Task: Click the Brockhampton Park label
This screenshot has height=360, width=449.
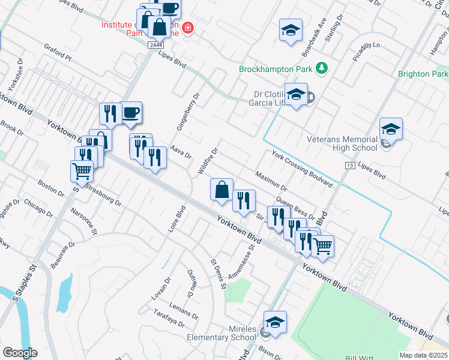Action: pyautogui.click(x=277, y=69)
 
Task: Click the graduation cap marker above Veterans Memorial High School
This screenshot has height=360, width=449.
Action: pyautogui.click(x=391, y=129)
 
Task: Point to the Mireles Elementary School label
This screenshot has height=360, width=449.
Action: pyautogui.click(x=229, y=333)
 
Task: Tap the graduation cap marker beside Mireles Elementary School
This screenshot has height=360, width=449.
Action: pyautogui.click(x=276, y=323)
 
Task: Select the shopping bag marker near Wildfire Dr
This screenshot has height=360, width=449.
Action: pyautogui.click(x=221, y=190)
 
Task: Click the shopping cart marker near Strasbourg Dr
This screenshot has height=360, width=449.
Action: pyautogui.click(x=82, y=170)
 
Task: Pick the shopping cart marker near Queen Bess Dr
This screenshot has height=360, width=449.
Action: pyautogui.click(x=323, y=245)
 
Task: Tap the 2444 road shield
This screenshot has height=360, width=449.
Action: pyautogui.click(x=156, y=45)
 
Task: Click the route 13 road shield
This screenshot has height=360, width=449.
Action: pyautogui.click(x=349, y=165)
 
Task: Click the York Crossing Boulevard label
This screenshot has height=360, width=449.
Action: pyautogui.click(x=302, y=169)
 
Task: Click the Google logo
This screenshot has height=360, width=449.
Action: pyautogui.click(x=20, y=353)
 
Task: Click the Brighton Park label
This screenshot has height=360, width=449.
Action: pyautogui.click(x=423, y=74)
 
